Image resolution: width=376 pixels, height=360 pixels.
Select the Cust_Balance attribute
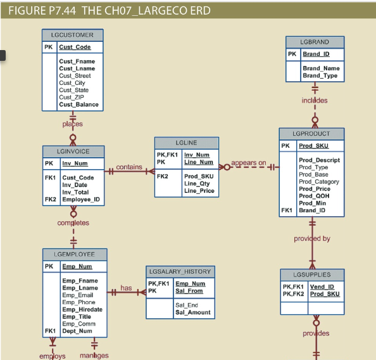pyautogui.click(x=78, y=105)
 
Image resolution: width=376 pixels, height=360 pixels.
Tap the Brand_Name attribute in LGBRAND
pyautogui.click(x=321, y=68)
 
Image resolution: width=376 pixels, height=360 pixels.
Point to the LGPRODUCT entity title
pyautogui.click(x=313, y=134)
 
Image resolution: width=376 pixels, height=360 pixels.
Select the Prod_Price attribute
pyautogui.click(x=315, y=189)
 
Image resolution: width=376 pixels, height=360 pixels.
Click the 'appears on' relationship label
pyautogui.click(x=248, y=164)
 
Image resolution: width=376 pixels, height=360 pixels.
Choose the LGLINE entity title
pyautogui.click(x=186, y=143)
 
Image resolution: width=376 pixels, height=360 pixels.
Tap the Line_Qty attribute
pyautogui.click(x=196, y=184)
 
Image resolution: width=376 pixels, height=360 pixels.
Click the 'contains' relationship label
pyautogui.click(x=129, y=167)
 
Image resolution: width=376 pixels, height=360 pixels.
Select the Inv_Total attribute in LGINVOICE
pyautogui.click(x=75, y=192)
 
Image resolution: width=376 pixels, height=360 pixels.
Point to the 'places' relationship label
pyautogui.click(x=72, y=124)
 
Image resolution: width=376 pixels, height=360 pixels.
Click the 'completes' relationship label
pyautogui.click(x=73, y=223)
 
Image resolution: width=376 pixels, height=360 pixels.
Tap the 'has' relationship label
pyautogui.click(x=126, y=288)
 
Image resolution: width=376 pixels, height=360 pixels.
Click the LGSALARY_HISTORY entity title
pyautogui.click(x=181, y=271)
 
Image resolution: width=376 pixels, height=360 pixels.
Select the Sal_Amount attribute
pyautogui.click(x=192, y=312)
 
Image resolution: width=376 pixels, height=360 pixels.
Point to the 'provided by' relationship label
pyautogui.click(x=311, y=238)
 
